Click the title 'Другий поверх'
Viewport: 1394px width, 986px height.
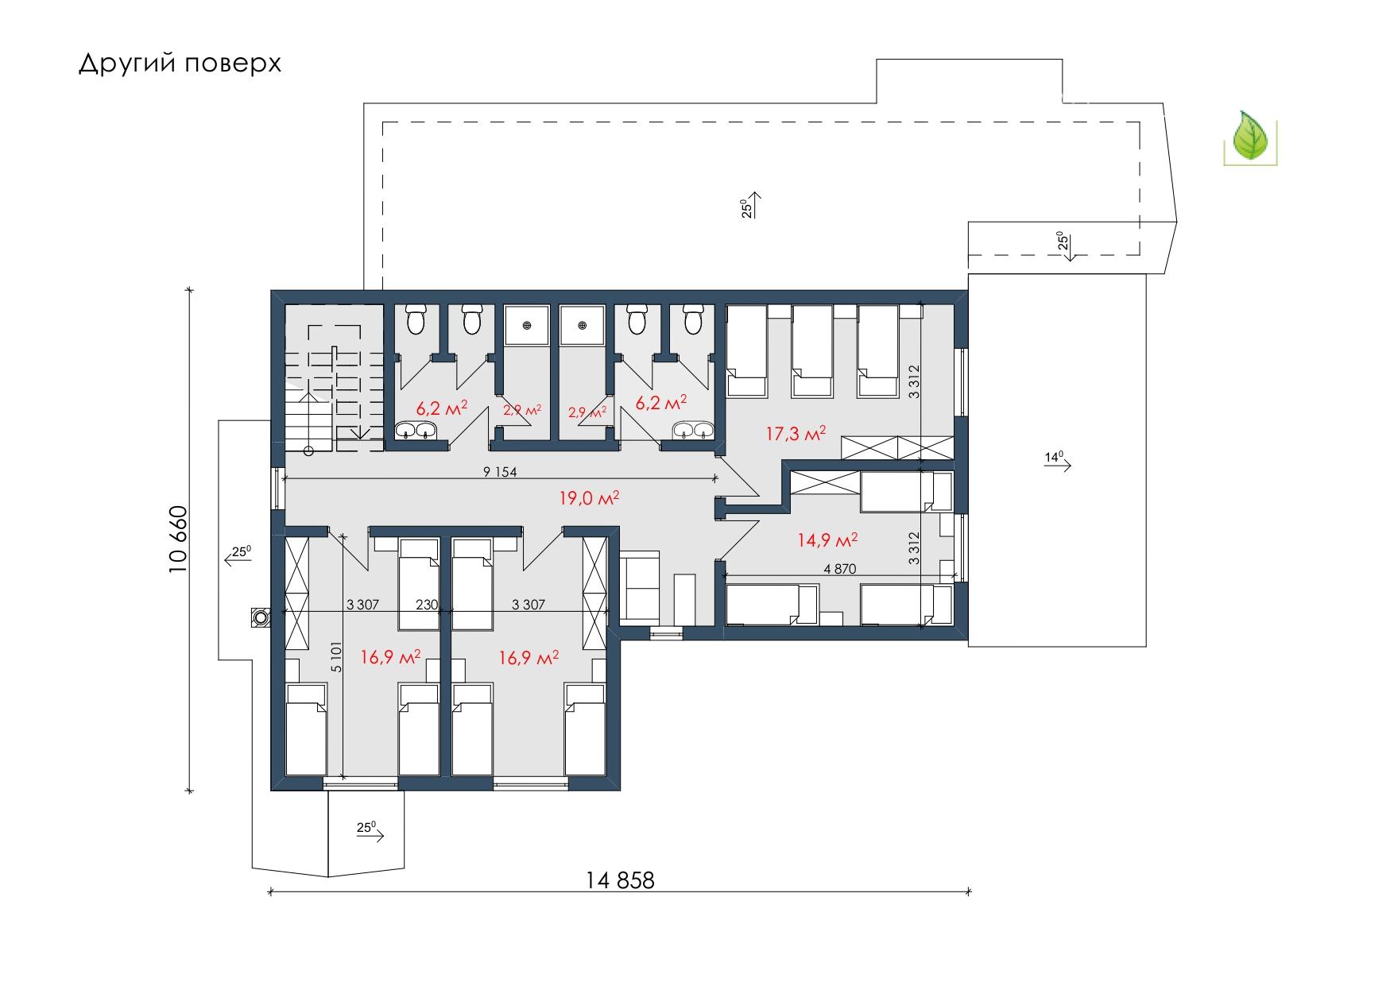click(180, 64)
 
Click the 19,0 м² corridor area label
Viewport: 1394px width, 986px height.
click(589, 498)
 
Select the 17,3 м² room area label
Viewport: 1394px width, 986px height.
click(796, 434)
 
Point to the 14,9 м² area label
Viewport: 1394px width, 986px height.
click(827, 541)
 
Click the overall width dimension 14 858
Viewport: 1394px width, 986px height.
click(621, 880)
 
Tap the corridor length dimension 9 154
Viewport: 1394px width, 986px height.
click(500, 472)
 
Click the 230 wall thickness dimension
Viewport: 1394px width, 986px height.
click(427, 605)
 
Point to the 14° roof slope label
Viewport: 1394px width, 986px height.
click(1054, 457)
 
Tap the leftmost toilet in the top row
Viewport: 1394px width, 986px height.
click(416, 319)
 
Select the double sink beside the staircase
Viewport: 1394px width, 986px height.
click(416, 431)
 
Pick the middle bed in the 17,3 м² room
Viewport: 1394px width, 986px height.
click(812, 350)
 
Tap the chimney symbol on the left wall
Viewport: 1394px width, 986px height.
click(261, 617)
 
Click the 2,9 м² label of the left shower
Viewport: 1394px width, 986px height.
click(522, 411)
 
